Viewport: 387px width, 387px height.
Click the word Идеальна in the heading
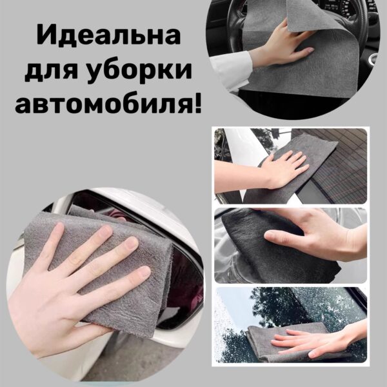(x=108, y=36)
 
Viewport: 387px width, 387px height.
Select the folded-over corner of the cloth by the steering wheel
(x=305, y=17)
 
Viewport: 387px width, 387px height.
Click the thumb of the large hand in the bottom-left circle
(x=62, y=328)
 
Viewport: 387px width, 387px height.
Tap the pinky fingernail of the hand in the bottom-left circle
(x=143, y=272)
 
